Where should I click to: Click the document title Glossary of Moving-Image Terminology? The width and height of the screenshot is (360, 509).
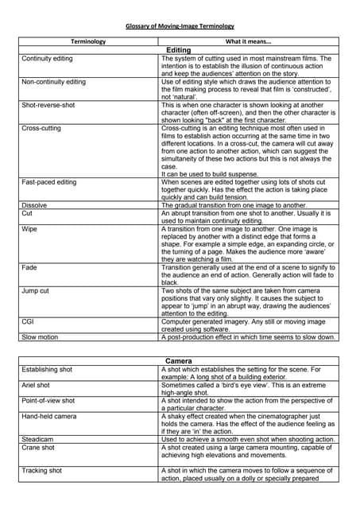(180, 26)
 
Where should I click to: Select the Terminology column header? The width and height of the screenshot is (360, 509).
(88, 41)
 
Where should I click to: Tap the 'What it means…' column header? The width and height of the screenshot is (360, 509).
(249, 41)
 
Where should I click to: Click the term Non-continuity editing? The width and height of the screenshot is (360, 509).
(54, 82)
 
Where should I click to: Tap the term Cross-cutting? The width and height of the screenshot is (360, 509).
(41, 128)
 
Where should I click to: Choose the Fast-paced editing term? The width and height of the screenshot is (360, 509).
(49, 182)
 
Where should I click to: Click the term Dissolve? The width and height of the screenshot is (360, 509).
(35, 205)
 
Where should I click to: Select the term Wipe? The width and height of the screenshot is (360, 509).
(29, 228)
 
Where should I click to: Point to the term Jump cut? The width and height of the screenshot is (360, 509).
(36, 291)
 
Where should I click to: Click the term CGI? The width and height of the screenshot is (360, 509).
(28, 321)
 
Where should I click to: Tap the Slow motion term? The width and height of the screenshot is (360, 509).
(40, 337)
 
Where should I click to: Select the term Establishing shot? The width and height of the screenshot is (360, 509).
(47, 370)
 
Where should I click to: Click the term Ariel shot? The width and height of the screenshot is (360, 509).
(39, 385)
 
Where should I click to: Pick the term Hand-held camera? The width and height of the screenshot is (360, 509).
(49, 416)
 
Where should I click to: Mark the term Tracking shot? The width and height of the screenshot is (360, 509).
(42, 471)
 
